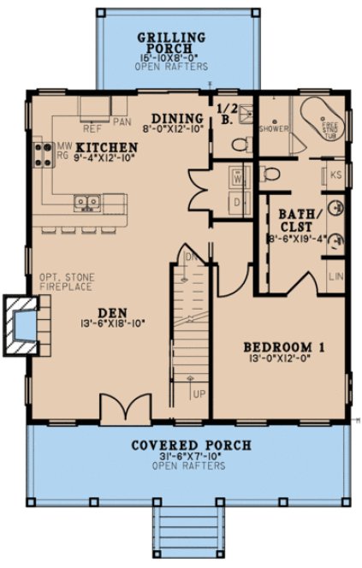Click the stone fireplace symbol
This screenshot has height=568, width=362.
[24, 325]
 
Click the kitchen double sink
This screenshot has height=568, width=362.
[86, 203]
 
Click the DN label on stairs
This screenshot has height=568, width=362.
[192, 256]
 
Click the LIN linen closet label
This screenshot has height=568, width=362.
[336, 277]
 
